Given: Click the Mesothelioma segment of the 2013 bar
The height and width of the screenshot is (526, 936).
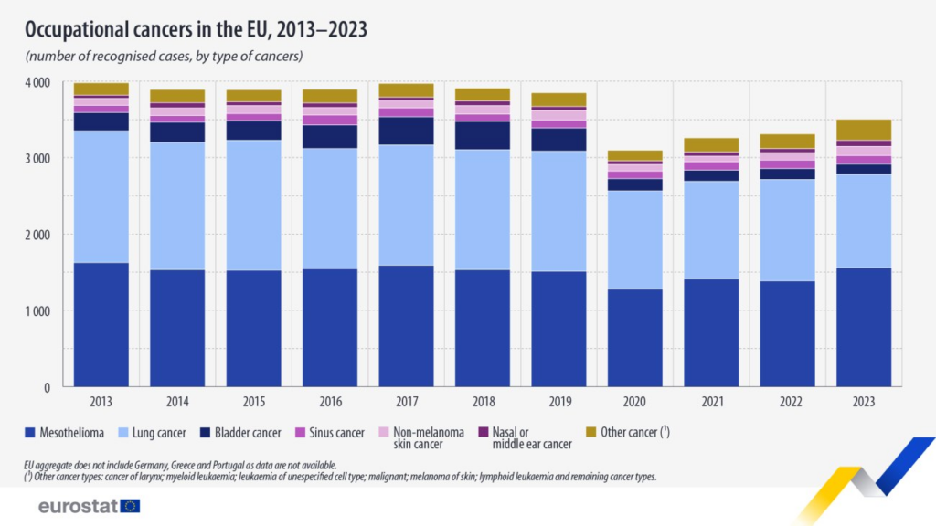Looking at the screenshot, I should pyautogui.click(x=101, y=324).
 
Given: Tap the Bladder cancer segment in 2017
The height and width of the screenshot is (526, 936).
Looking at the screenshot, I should pyautogui.click(x=407, y=131).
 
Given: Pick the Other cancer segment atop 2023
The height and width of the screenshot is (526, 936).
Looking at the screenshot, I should pyautogui.click(x=864, y=130).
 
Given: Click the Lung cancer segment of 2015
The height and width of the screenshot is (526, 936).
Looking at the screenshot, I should pyautogui.click(x=254, y=205).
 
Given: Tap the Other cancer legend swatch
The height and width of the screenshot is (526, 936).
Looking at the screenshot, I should pyautogui.click(x=591, y=432).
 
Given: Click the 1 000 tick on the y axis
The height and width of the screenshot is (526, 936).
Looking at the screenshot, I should pyautogui.click(x=36, y=311).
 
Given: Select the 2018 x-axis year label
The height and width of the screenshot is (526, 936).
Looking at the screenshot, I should pyautogui.click(x=483, y=403).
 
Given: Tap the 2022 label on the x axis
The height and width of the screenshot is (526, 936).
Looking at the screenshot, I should pyautogui.click(x=787, y=403).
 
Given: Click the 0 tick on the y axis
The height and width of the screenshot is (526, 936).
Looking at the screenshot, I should pyautogui.click(x=45, y=388).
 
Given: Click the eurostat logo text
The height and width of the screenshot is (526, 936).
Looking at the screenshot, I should pyautogui.click(x=78, y=505).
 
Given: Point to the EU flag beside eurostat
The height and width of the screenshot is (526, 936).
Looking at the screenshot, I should pyautogui.click(x=130, y=505).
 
